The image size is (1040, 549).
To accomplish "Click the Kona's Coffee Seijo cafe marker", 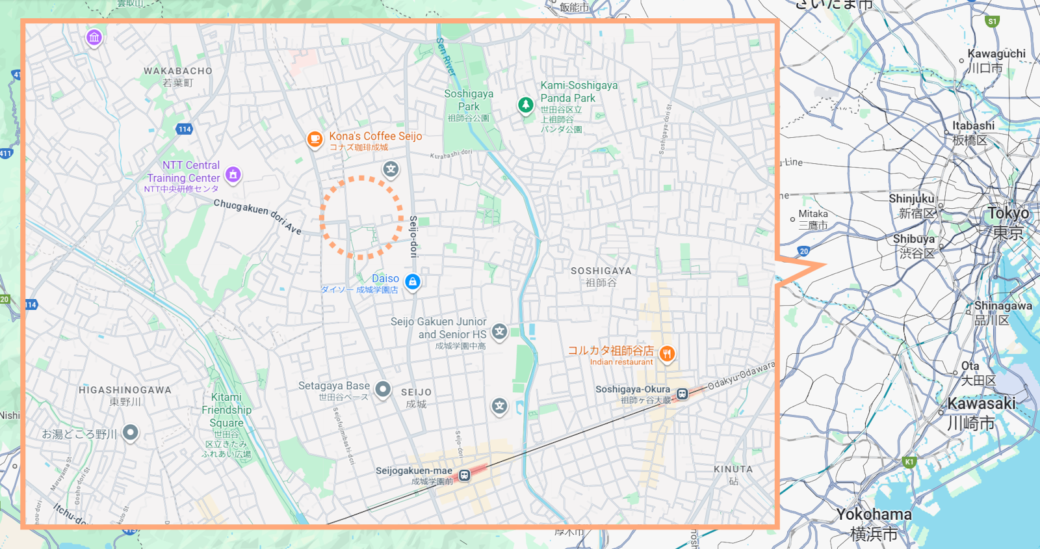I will [x=315, y=139].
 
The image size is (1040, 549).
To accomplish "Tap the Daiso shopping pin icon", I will [x=412, y=282].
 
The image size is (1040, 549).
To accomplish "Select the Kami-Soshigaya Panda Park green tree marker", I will [x=525, y=104].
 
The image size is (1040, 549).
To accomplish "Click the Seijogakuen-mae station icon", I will [x=464, y=475].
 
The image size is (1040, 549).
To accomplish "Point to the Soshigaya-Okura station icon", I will [x=682, y=394].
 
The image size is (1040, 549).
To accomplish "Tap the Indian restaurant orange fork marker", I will [x=667, y=354].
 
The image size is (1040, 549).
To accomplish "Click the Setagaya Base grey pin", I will [x=383, y=389].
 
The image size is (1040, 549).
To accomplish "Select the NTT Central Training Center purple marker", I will [x=233, y=174].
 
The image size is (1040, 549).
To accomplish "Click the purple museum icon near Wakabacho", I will [x=94, y=37].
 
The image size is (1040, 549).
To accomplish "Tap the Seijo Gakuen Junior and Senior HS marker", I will [x=499, y=332].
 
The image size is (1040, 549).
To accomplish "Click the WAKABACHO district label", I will [x=178, y=71].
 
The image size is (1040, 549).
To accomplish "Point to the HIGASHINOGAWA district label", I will [x=125, y=390].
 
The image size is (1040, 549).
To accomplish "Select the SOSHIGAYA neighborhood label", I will [x=601, y=271].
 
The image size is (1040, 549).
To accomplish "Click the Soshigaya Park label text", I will [x=468, y=100].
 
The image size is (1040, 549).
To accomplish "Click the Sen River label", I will [x=446, y=56].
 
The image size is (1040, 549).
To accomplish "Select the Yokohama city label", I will [x=874, y=515].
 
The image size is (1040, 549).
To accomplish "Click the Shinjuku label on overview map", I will [x=911, y=199].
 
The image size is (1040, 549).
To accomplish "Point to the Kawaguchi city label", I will [x=996, y=54].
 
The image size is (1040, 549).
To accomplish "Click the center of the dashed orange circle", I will [x=361, y=217].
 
